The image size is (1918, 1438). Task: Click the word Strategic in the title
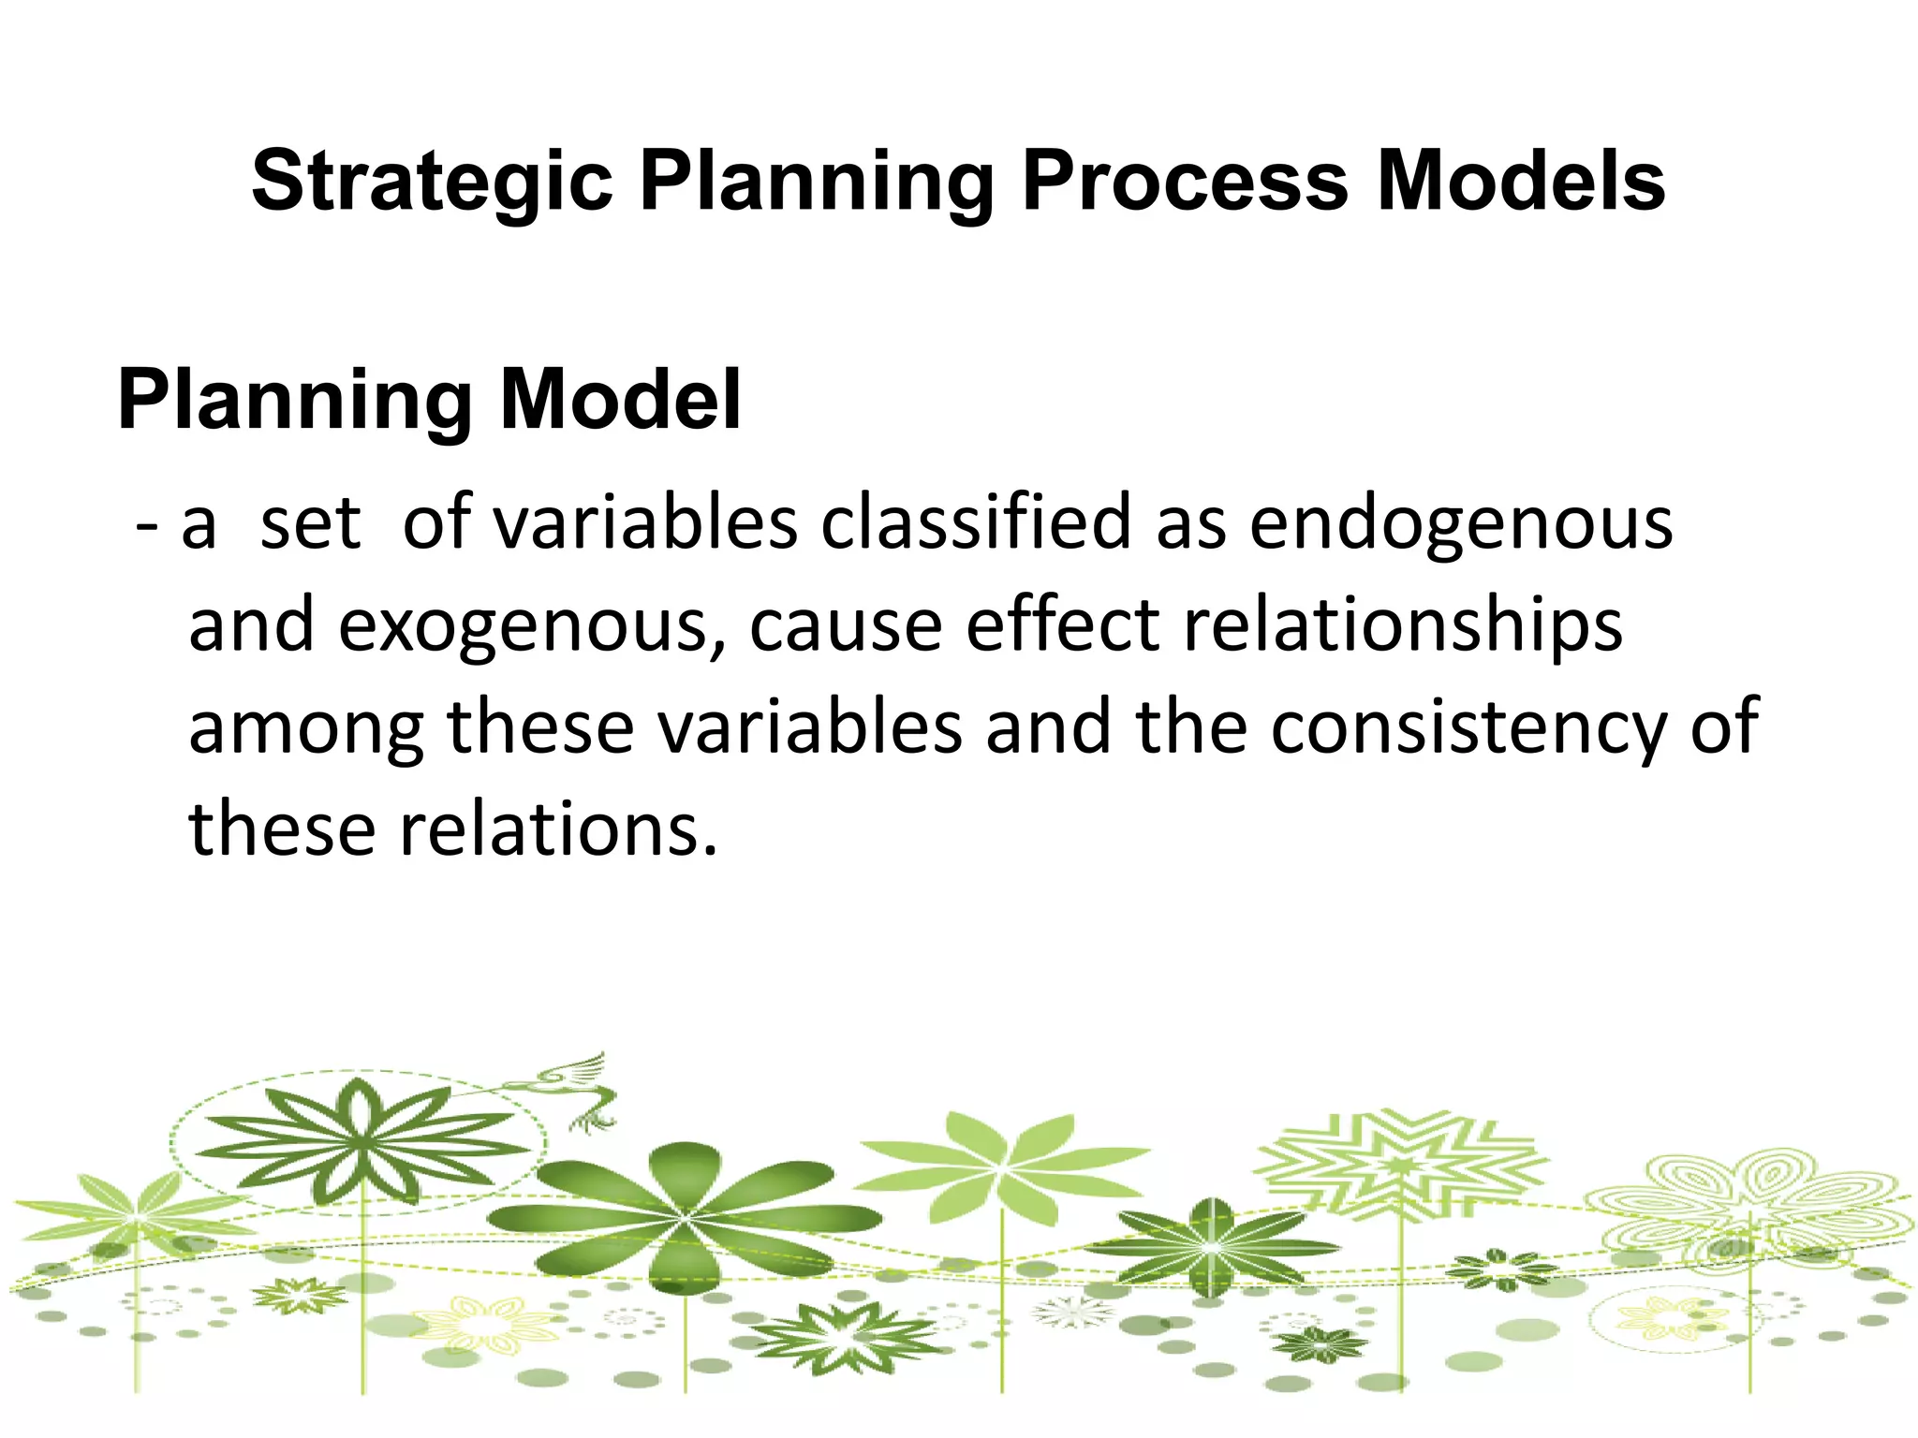point(432,183)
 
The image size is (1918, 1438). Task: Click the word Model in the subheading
point(620,400)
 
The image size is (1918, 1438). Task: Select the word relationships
point(1402,625)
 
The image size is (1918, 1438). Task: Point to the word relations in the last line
point(558,829)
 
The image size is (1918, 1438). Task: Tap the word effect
point(1063,624)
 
